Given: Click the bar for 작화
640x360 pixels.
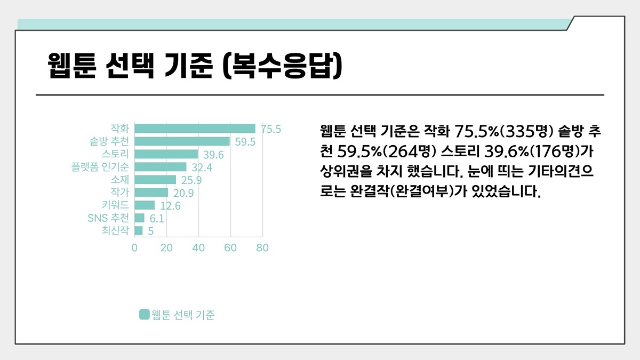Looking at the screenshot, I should (195, 129).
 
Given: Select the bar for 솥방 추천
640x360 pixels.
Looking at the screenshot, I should (182, 141).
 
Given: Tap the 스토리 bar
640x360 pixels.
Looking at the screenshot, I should (166, 154).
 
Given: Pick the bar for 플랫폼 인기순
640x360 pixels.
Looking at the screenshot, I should (160, 167).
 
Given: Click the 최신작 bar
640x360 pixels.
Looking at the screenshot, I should (139, 230).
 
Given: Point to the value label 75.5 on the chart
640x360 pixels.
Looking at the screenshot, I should (271, 129).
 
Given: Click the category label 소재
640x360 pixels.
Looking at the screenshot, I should (120, 180).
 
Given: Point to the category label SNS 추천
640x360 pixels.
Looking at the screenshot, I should (108, 218).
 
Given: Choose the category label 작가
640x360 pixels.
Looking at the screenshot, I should (120, 193).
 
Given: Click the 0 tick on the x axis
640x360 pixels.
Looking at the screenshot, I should (134, 248).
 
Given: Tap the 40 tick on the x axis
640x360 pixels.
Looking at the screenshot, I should (198, 248).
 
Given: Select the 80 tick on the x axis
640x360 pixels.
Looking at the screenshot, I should (262, 248).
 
